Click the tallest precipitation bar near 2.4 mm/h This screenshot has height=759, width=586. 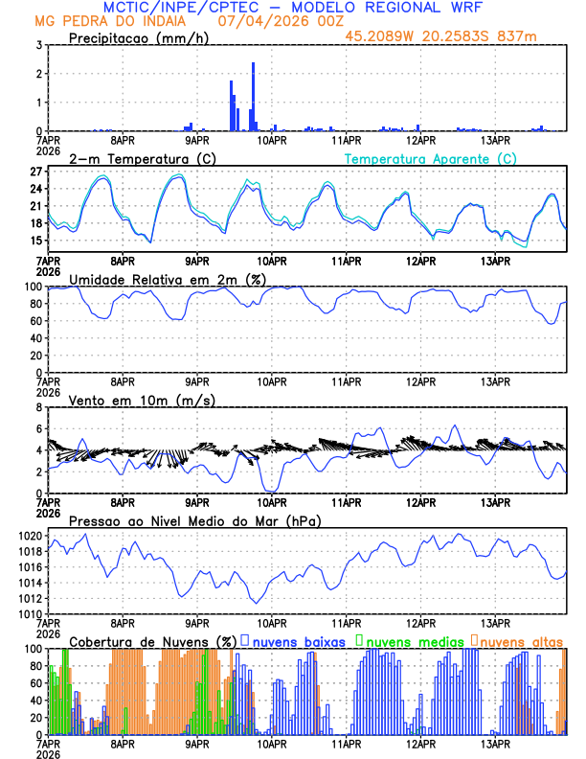pyautogui.click(x=253, y=96)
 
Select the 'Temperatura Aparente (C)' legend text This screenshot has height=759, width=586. pyautogui.click(x=430, y=158)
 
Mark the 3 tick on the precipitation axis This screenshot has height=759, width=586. pyautogui.click(x=39, y=45)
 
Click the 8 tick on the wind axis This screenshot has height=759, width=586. pyautogui.click(x=39, y=407)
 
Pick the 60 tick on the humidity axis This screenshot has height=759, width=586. pyautogui.click(x=36, y=321)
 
